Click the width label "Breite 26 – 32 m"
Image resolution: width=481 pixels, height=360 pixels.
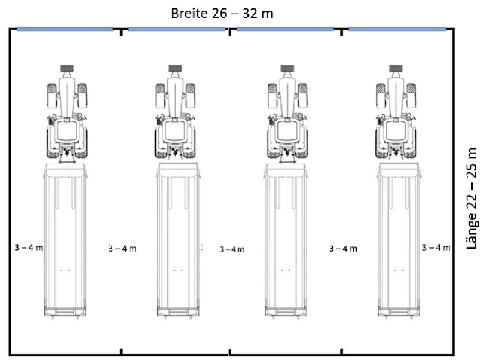[222, 14]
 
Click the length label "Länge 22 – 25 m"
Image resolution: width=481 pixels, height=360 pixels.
[471, 199]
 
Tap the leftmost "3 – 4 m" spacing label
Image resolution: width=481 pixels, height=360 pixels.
[29, 247]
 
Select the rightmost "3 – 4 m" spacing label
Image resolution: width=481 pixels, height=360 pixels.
[436, 247]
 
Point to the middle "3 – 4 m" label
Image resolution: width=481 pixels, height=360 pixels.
[232, 249]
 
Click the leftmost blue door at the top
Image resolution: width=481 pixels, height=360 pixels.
[65, 29]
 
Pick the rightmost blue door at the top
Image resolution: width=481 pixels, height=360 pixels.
[397, 29]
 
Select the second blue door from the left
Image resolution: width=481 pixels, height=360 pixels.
[177, 29]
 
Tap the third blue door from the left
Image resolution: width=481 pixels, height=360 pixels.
[285, 29]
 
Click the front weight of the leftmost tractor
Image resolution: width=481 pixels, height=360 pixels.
[67, 68]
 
